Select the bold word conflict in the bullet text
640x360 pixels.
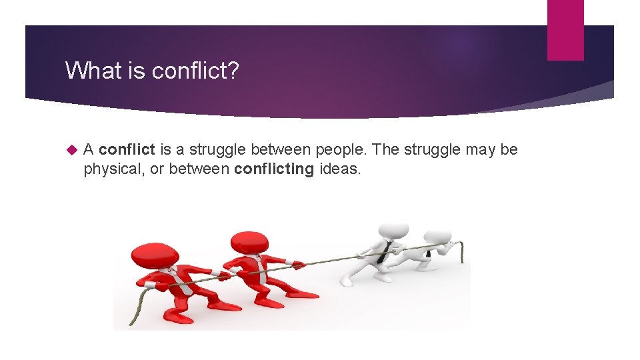coord(127,149)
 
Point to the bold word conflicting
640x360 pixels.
coord(274,169)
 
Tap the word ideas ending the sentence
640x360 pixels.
coord(340,169)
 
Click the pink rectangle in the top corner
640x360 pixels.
coord(565,29)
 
